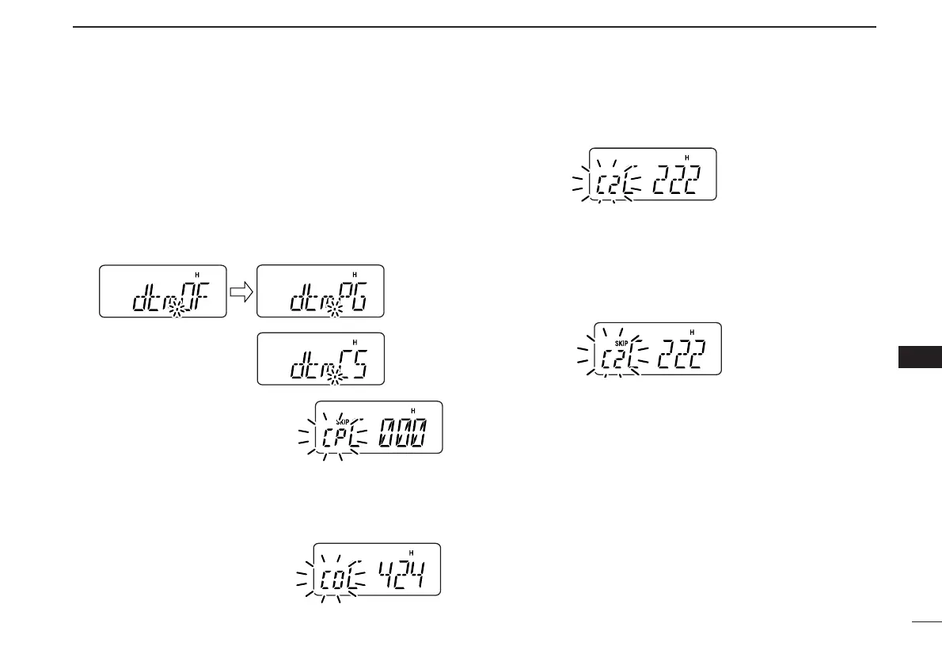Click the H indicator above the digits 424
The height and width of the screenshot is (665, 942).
pyautogui.click(x=411, y=553)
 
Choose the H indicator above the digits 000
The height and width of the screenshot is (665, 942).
pyautogui.click(x=413, y=410)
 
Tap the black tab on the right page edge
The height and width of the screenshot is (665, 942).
pyautogui.click(x=920, y=358)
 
